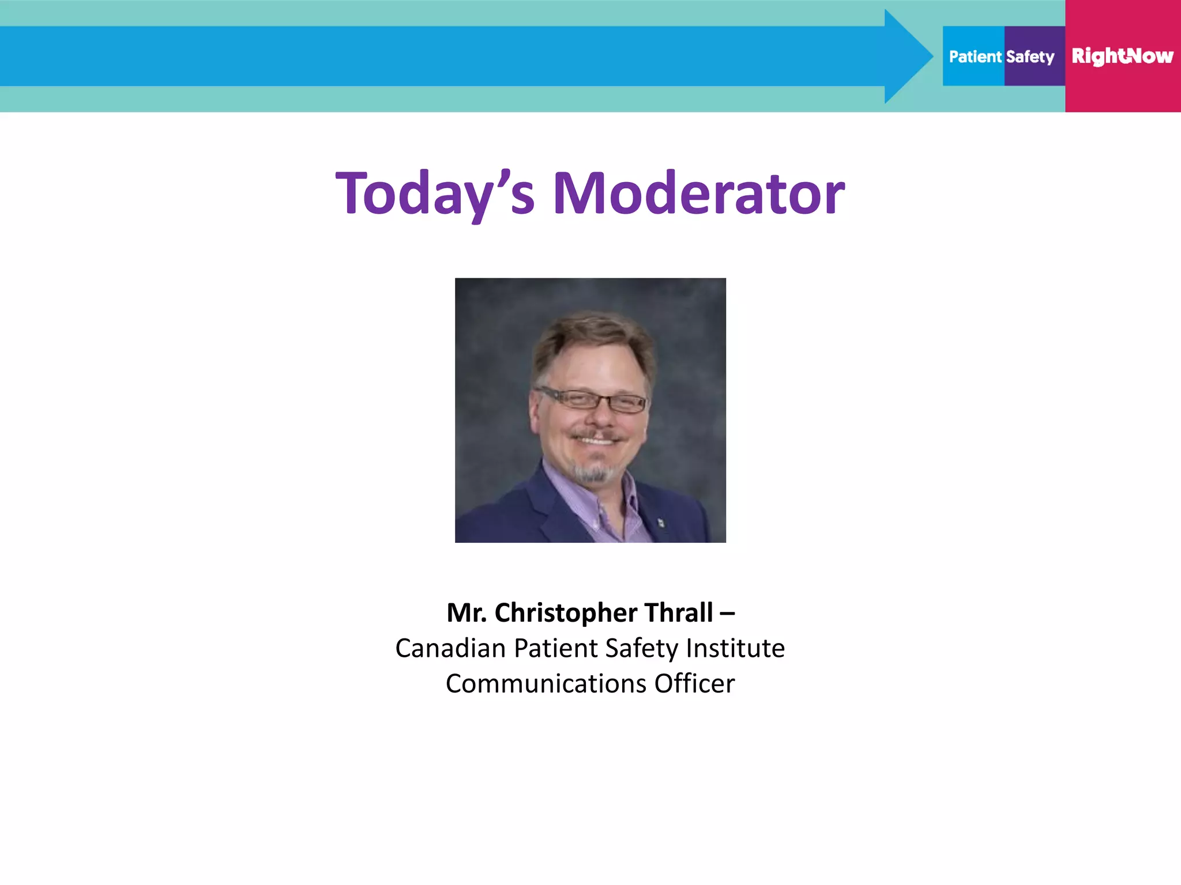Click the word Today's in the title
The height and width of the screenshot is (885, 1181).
[x=435, y=194]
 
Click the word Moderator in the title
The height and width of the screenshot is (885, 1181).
[x=698, y=194]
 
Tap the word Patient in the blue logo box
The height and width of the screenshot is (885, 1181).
[x=975, y=56]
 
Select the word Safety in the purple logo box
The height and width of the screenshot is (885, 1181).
[x=1030, y=56]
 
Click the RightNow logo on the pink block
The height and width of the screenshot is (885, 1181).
[x=1122, y=56]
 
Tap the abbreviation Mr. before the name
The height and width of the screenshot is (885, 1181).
[x=467, y=612]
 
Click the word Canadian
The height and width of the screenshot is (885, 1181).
[x=450, y=648]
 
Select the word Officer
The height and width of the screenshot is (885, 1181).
[x=694, y=684]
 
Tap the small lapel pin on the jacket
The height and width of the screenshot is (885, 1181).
[x=661, y=523]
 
